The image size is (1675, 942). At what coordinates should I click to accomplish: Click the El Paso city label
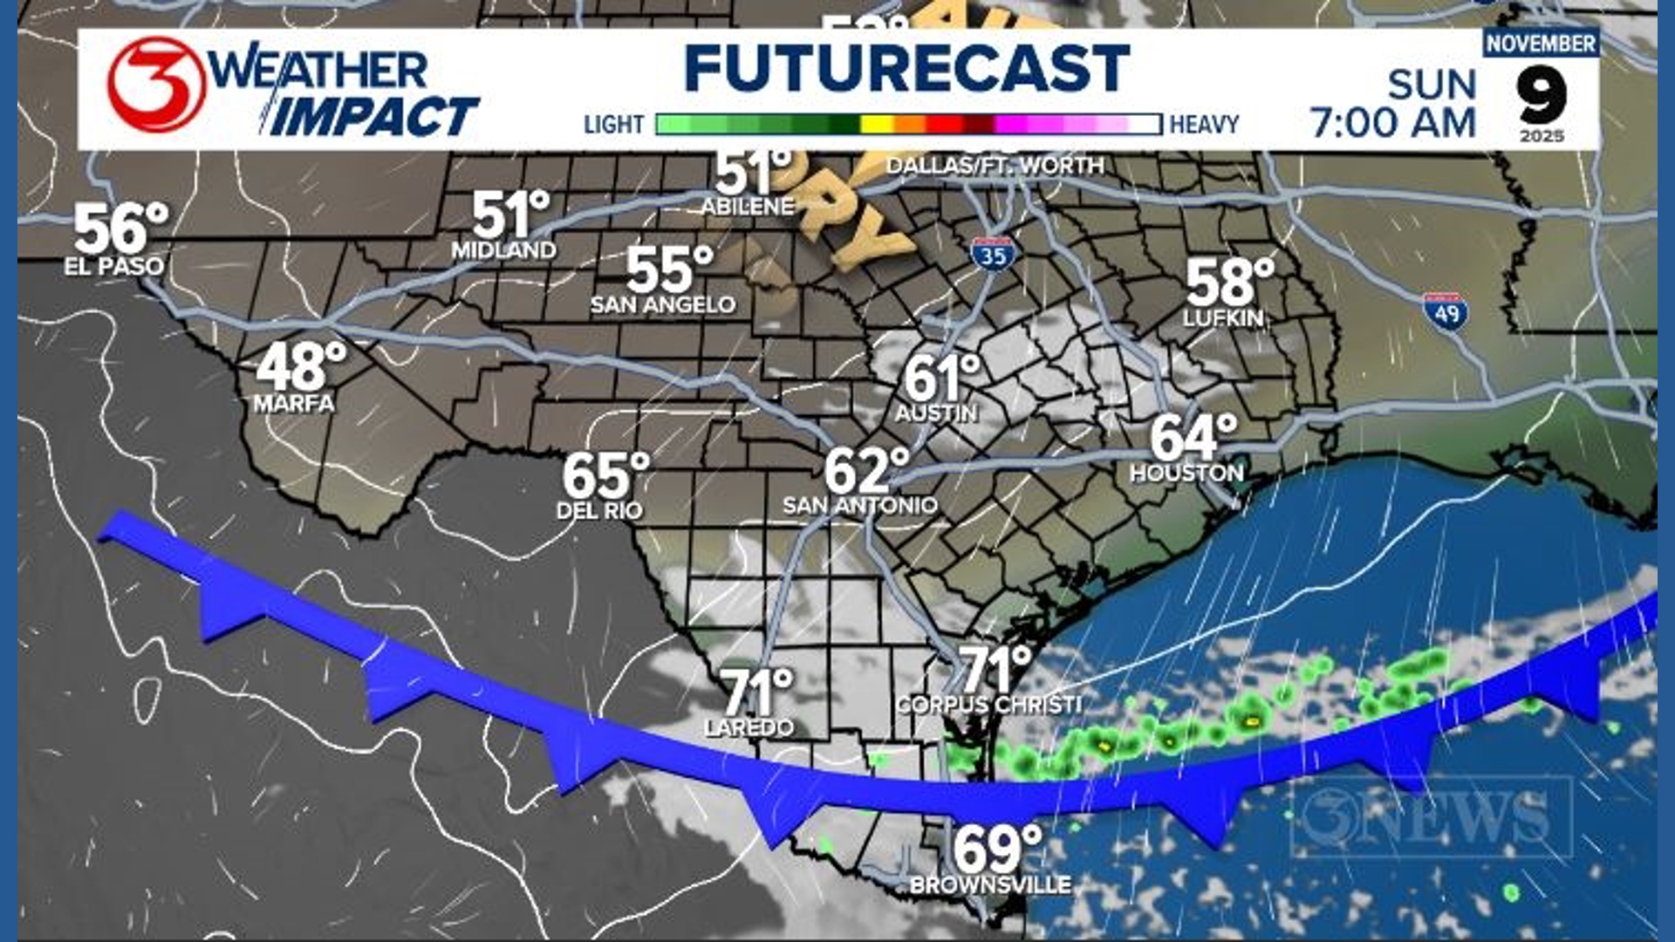(x=113, y=266)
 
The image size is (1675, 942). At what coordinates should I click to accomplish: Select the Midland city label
(x=503, y=250)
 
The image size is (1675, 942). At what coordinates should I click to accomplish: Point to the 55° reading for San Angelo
(x=669, y=270)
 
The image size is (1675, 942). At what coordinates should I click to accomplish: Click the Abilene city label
(x=748, y=207)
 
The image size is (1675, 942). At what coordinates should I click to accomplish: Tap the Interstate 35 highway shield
(x=992, y=253)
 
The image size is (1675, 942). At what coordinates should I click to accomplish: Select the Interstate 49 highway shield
(x=1446, y=312)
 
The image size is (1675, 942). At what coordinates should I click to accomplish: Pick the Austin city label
(x=936, y=413)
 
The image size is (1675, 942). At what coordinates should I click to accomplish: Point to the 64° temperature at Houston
(x=1193, y=437)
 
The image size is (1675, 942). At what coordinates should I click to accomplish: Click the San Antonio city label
(x=860, y=505)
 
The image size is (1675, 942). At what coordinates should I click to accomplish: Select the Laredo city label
(x=749, y=727)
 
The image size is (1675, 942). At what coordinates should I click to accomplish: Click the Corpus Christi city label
(x=988, y=705)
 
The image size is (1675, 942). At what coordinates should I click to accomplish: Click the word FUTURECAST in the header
(x=907, y=68)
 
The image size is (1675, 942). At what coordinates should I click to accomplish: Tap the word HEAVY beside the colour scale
(x=1204, y=125)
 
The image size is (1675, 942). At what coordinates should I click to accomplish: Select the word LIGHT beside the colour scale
(x=613, y=125)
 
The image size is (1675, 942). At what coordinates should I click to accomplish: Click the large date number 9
(x=1542, y=94)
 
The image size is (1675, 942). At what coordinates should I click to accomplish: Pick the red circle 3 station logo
(x=156, y=85)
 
